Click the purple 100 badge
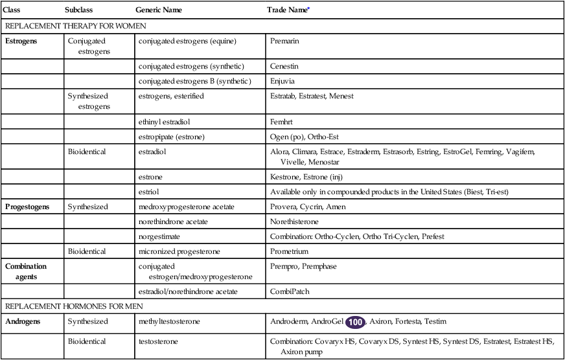tap(355, 321)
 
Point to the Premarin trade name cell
tap(285, 41)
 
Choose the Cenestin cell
tap(284, 65)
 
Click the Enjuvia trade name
tap(283, 81)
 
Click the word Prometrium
tap(289, 251)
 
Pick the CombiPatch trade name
tap(290, 291)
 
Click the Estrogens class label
tap(21, 41)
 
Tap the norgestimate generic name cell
tap(159, 236)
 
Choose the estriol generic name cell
tap(149, 192)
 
